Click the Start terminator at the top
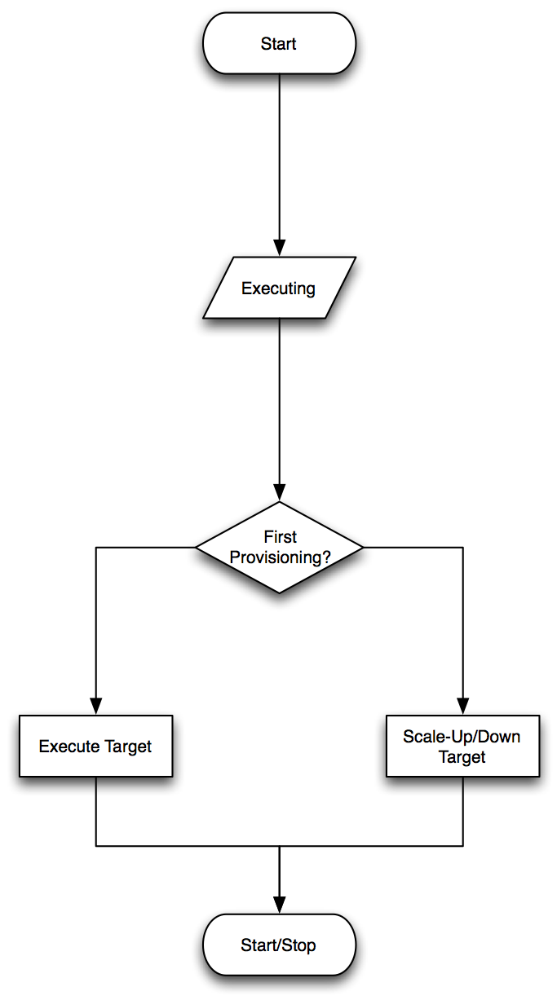279,44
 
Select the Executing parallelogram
279,288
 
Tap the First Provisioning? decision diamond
279,547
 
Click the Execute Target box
95,746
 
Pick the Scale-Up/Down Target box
462,746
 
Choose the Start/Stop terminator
279,945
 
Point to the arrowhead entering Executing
279,248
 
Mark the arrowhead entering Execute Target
95,706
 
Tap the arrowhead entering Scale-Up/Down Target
462,706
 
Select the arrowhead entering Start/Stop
279,905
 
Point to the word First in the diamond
280,537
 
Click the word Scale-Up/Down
462,737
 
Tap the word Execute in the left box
69,747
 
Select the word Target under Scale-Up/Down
462,756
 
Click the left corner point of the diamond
196,547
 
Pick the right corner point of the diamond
362,547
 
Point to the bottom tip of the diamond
279,593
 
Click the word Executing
279,289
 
